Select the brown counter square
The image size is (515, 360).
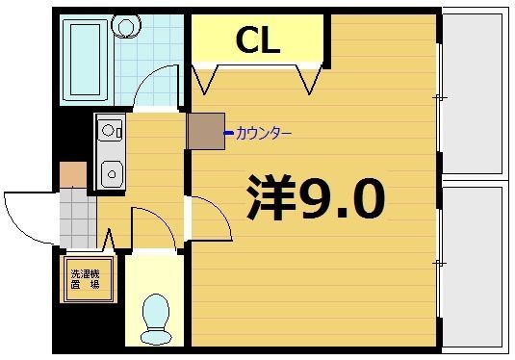coord(205,132)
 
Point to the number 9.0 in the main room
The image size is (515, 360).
coord(342,199)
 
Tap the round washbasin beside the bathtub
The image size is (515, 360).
coord(124,25)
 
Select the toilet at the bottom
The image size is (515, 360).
coord(154,316)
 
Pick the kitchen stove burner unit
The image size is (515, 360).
coord(109,128)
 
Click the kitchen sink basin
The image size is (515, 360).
coord(111,174)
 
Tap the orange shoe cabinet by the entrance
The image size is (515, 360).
coord(73,175)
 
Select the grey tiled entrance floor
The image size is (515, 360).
coord(77,217)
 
